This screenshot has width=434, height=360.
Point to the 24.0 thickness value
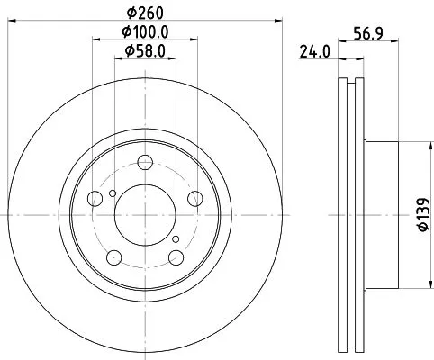[x=313, y=53]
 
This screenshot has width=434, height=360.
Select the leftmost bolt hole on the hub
[x=95, y=201]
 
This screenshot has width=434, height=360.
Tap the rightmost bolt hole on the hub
[x=194, y=201]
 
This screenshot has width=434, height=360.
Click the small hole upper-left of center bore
[x=111, y=192]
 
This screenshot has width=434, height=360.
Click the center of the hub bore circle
[x=144, y=215]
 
